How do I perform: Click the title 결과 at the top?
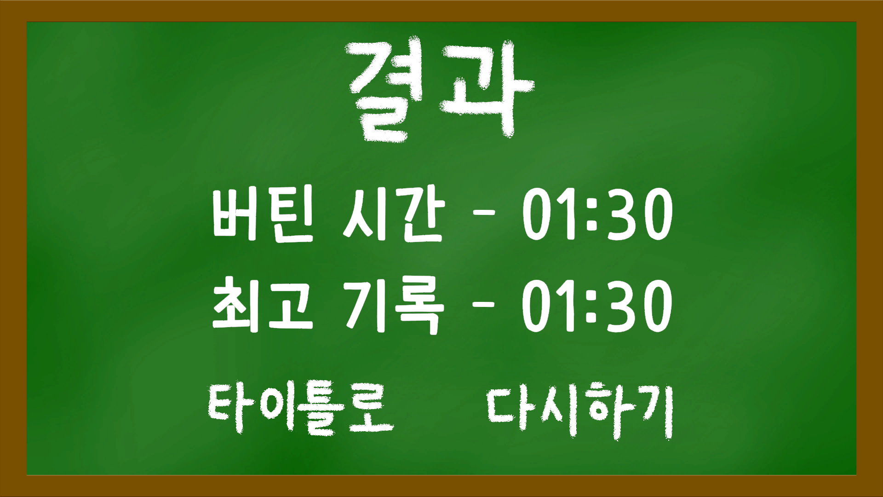click(x=441, y=90)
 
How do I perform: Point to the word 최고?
click(x=263, y=305)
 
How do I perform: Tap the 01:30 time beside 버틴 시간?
click(x=597, y=214)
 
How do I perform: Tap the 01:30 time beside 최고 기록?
click(x=597, y=306)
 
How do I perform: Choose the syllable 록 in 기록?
click(x=419, y=306)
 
